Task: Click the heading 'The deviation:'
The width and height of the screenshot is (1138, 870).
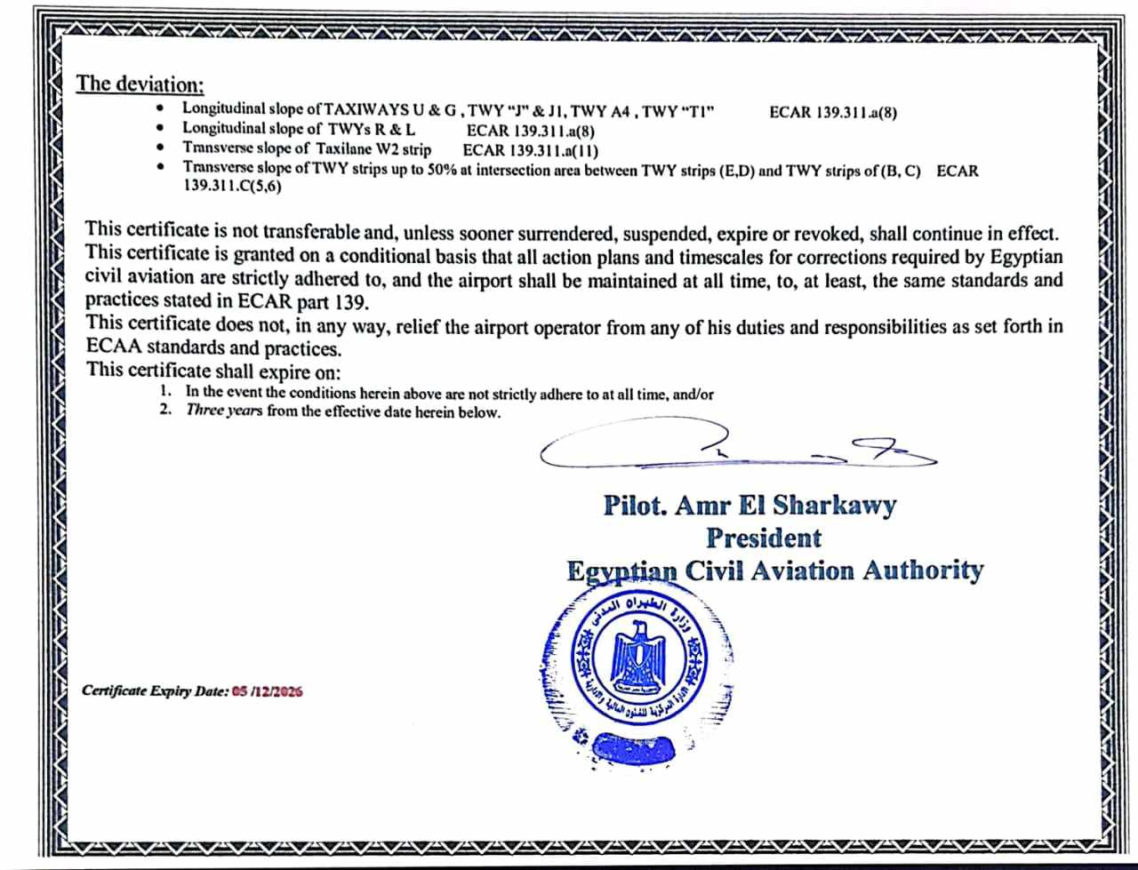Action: coord(140,84)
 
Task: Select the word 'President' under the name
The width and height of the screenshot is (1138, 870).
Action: coord(764,538)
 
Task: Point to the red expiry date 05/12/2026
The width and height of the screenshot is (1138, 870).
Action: coord(267,690)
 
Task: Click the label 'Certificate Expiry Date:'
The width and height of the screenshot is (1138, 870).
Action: coord(155,690)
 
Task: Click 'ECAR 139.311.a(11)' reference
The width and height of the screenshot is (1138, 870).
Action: coord(530,150)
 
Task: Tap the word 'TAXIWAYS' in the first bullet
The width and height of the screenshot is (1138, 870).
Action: coord(366,110)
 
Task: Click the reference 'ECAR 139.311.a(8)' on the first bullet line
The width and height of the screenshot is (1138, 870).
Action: coord(833,112)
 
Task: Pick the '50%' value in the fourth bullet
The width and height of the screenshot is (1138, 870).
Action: coord(442,170)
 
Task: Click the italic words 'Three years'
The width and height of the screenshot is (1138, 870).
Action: coord(224,411)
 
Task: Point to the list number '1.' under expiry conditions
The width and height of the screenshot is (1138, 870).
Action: coord(166,392)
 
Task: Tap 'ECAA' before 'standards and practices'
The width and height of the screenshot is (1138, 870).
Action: coord(114,348)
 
